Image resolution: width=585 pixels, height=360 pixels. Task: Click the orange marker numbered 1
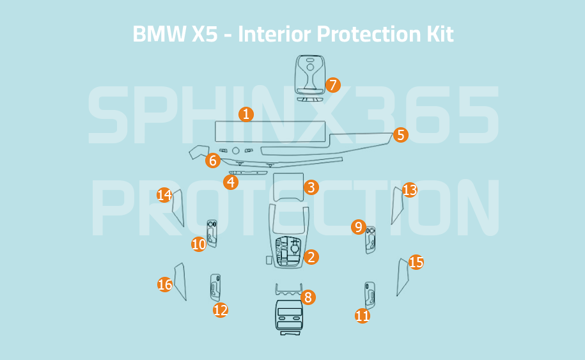246,114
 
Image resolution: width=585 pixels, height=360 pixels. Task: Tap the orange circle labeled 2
311,257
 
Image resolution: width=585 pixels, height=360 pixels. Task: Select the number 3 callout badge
311,187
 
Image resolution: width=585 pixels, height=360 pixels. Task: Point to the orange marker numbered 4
231,182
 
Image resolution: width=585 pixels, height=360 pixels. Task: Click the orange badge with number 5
400,135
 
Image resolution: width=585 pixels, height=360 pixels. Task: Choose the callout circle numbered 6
214,161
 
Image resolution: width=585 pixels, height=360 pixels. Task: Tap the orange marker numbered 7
332,85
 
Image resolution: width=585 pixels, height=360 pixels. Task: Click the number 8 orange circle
308,297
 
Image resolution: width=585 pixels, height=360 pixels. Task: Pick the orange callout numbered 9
359,227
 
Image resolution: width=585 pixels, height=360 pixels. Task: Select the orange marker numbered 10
199,244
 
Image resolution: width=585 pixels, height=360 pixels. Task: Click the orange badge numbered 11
363,316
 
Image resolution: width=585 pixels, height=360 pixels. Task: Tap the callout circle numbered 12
221,311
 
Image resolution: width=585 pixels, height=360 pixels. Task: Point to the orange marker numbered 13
410,190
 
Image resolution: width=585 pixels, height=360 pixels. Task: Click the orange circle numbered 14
165,195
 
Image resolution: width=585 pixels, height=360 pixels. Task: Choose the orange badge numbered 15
416,262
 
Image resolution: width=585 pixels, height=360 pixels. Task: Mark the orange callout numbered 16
165,285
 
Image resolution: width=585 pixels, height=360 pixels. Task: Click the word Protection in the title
364,34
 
